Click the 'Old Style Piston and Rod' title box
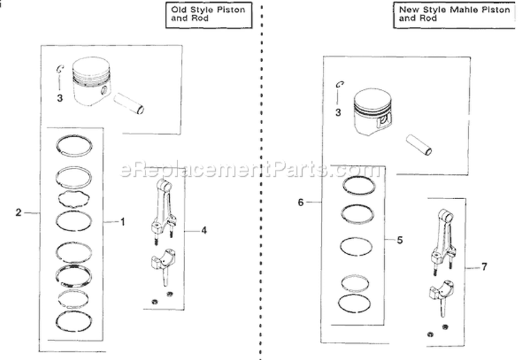[x=205, y=15]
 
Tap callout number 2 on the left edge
[x=18, y=213]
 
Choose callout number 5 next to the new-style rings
[x=400, y=240]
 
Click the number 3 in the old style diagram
[x=60, y=98]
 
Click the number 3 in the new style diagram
[x=338, y=111]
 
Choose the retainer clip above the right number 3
[x=339, y=86]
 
